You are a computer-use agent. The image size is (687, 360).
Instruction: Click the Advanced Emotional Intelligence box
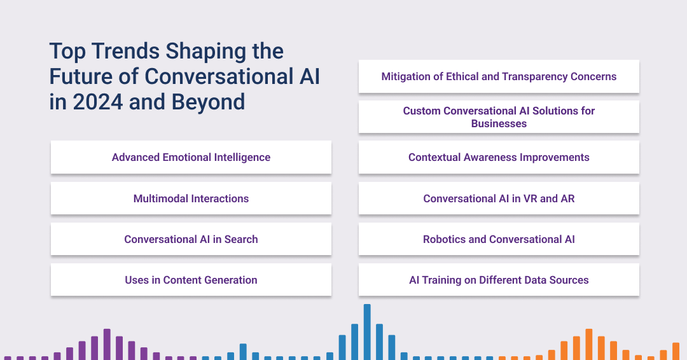pos(191,157)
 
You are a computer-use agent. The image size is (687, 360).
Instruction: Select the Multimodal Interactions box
pos(191,198)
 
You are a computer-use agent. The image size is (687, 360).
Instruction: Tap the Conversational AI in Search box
pos(191,239)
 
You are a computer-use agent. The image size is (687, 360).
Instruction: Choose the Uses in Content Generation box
pos(191,280)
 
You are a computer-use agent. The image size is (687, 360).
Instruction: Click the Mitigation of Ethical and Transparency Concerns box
pos(499,76)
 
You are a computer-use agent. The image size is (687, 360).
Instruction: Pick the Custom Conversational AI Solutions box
pos(499,117)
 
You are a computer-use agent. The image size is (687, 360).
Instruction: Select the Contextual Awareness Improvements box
pos(499,157)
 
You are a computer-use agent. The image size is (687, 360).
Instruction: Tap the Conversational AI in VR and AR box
pos(499,198)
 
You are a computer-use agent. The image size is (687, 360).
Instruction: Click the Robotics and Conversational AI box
pos(499,239)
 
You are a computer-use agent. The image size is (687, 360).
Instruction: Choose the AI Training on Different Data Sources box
pos(499,280)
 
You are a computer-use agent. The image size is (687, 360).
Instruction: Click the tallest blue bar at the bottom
pos(367,331)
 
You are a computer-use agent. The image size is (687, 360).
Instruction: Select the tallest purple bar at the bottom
pos(107,344)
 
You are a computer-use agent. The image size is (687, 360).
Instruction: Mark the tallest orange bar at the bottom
pos(589,344)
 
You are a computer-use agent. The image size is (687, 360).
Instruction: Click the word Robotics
pos(445,239)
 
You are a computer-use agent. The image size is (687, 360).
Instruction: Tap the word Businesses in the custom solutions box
pos(499,123)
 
